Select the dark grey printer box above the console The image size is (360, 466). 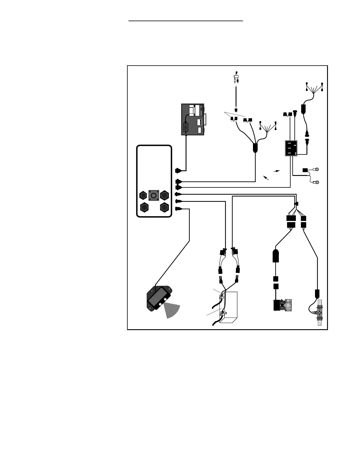point(193,119)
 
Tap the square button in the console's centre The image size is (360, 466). point(153,196)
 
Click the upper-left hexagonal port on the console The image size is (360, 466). point(143,195)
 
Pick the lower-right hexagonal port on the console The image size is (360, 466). point(164,207)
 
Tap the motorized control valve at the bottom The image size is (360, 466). point(283,305)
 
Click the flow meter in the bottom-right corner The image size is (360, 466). point(319,312)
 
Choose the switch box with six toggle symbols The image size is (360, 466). point(291,148)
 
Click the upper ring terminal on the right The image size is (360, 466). point(317,169)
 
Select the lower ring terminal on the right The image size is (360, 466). point(317,182)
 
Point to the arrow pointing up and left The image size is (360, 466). point(266,177)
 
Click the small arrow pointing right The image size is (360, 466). point(277,171)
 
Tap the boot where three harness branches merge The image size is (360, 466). point(255,148)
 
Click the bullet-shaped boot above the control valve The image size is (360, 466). point(276,256)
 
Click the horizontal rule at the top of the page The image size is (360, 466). point(186,21)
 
